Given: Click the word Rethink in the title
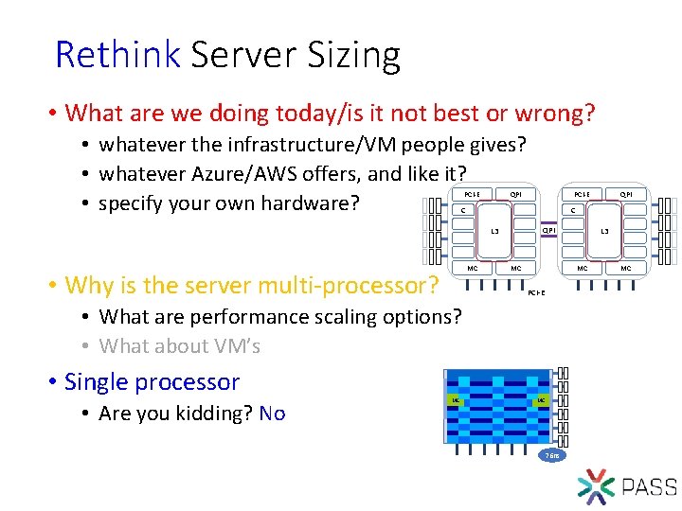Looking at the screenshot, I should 117,55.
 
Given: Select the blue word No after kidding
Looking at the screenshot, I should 272,414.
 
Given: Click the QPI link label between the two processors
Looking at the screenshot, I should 547,229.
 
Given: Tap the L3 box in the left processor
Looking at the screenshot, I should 494,231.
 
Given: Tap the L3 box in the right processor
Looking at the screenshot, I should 604,231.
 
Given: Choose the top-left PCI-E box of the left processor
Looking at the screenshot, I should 472,195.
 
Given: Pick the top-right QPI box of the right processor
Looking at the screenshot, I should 626,195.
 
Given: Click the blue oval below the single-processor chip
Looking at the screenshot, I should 553,456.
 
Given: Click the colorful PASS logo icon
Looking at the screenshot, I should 596,485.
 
